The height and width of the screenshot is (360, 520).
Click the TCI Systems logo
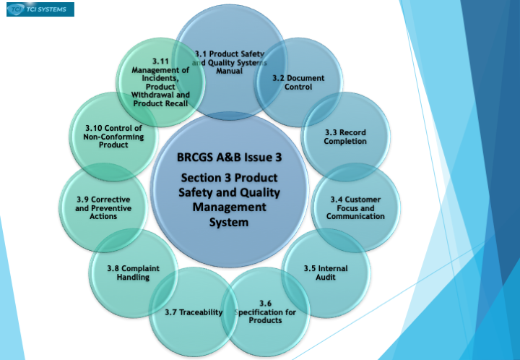(x=40, y=9)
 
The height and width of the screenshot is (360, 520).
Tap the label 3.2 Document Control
(x=298, y=82)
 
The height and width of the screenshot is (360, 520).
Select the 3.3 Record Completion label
(x=345, y=137)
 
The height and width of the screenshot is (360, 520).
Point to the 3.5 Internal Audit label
(x=326, y=273)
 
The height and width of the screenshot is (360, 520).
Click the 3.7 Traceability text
(x=194, y=312)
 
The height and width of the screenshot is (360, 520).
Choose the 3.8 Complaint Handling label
(x=133, y=273)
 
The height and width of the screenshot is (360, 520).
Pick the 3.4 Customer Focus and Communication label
(x=355, y=208)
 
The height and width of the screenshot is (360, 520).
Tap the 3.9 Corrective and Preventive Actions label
(x=103, y=208)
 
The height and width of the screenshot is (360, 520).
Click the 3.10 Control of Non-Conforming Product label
(x=113, y=137)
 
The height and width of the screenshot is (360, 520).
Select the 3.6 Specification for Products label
(x=265, y=312)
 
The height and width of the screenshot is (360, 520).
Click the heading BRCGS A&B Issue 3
(x=229, y=157)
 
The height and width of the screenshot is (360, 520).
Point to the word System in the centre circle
(x=229, y=222)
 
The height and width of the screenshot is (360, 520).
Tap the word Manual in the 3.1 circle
(x=230, y=71)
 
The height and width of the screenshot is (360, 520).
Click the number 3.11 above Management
(x=160, y=61)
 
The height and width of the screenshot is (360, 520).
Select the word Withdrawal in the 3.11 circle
(x=160, y=95)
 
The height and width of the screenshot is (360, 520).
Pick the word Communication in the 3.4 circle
(x=355, y=216)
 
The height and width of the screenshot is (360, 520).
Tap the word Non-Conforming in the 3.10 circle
(x=113, y=137)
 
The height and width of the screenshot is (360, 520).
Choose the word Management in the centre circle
(x=229, y=207)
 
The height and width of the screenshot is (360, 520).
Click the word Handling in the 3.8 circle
(x=133, y=277)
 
